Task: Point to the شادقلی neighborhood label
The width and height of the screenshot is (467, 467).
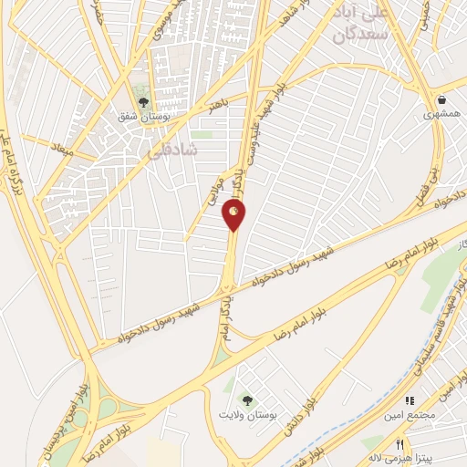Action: [171, 153]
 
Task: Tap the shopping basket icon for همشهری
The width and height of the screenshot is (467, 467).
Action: [441, 99]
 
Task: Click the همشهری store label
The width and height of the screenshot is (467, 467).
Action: [442, 117]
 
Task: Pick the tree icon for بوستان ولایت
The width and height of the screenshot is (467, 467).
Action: [245, 399]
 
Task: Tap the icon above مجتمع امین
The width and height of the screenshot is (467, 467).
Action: [410, 400]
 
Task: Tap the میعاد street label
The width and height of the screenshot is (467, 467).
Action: [63, 147]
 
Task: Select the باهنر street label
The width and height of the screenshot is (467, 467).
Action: [216, 107]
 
